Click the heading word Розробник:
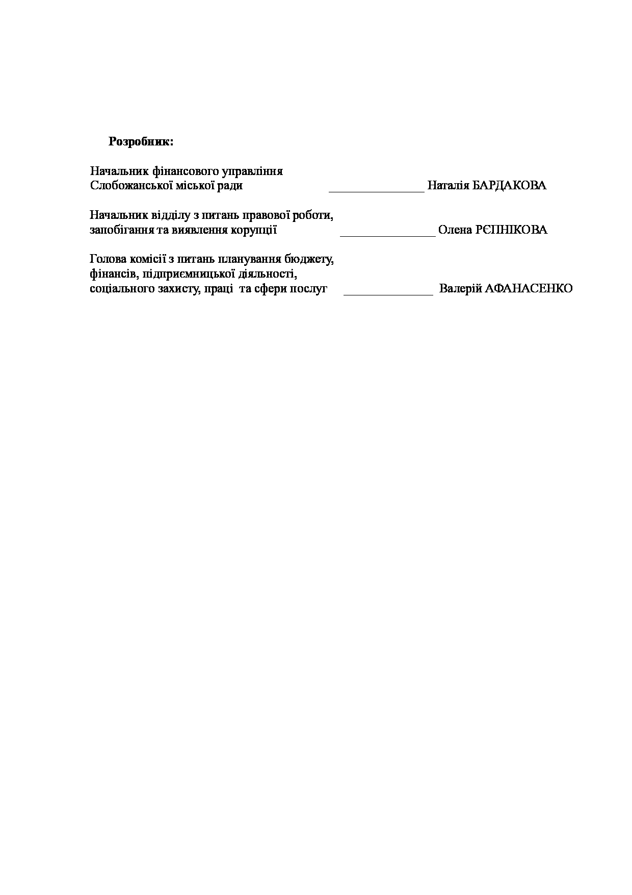tap(141, 142)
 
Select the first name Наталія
tap(448, 186)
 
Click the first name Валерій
tap(460, 289)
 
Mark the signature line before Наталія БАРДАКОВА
tap(377, 190)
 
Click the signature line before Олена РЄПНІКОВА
tap(387, 235)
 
